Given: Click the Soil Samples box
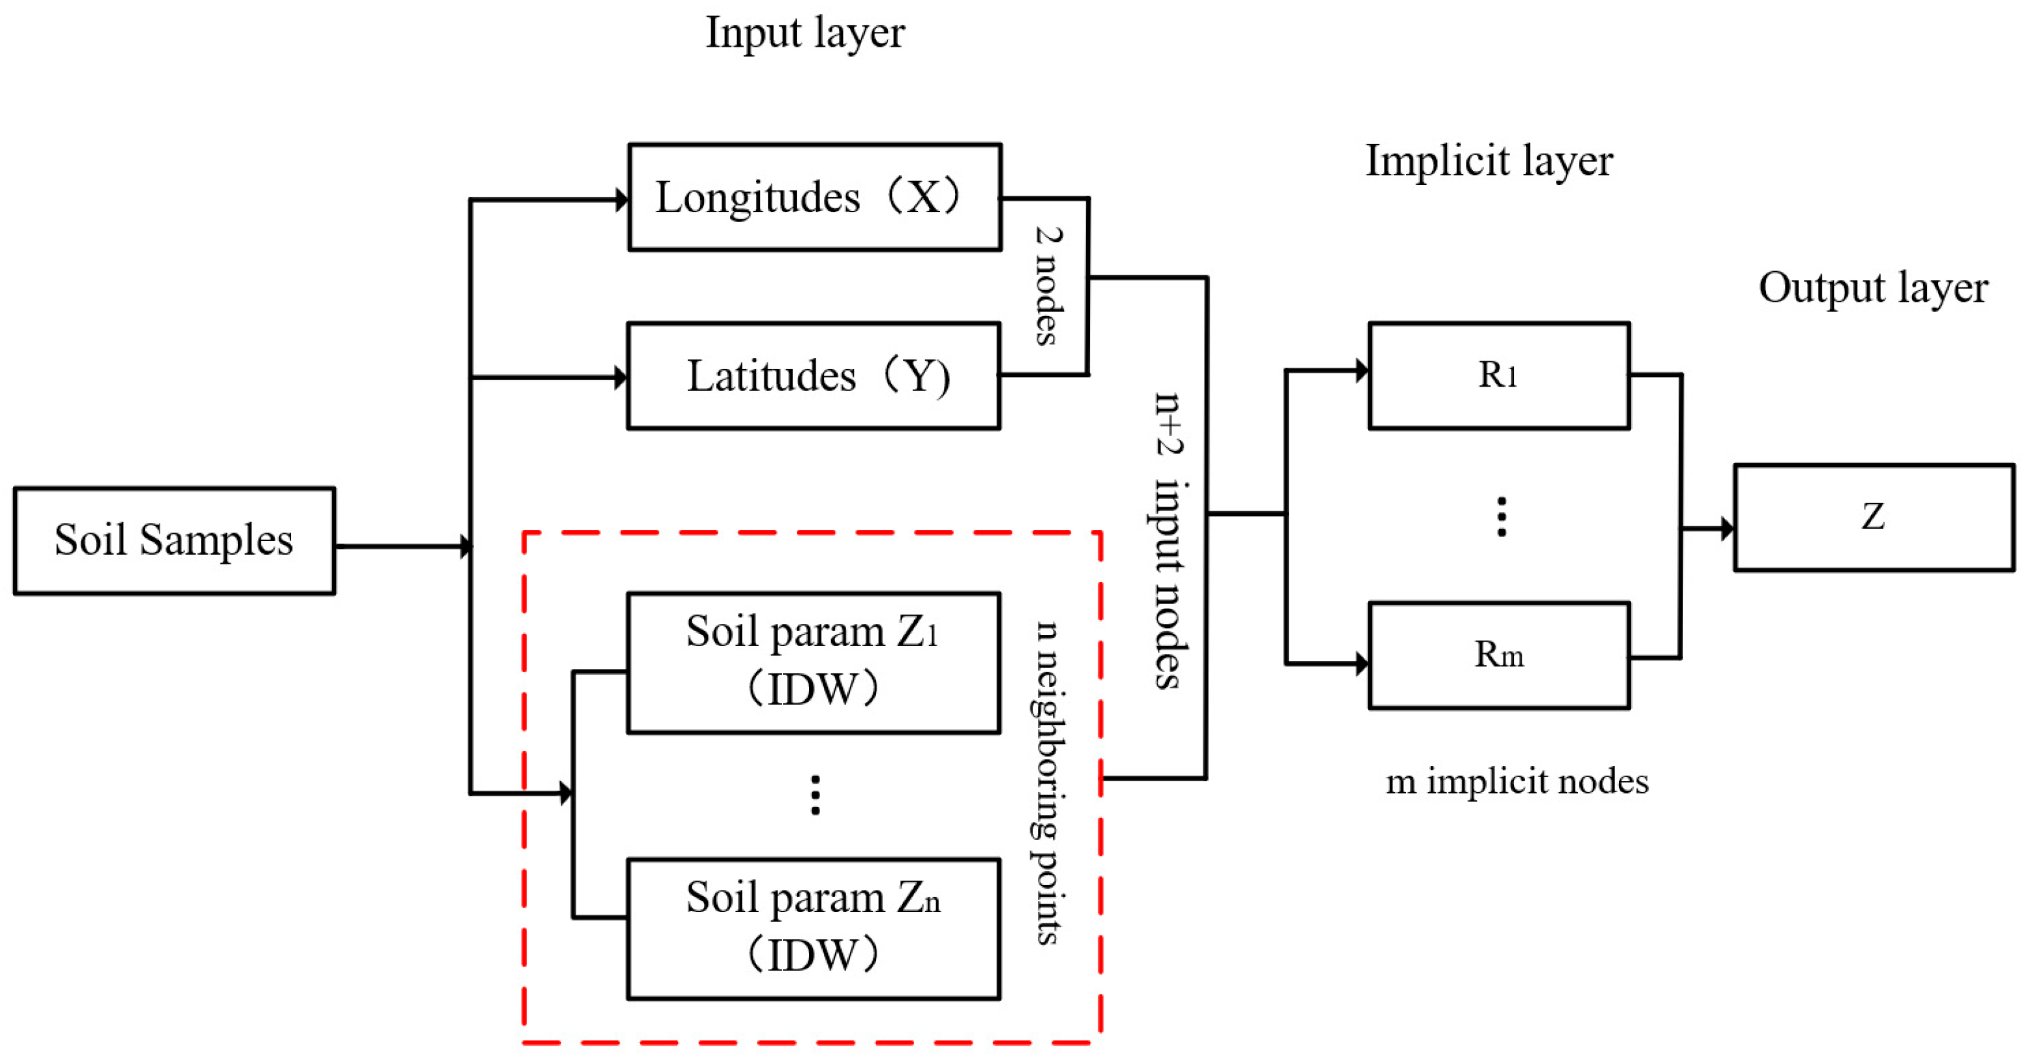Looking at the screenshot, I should [x=174, y=540].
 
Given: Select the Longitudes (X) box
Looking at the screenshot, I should [x=814, y=197].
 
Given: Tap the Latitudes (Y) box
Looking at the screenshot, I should [x=813, y=376].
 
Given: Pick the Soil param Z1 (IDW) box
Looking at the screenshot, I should [x=813, y=662].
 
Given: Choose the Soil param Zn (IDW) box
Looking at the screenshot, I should [x=813, y=928].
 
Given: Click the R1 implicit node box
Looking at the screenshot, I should [x=1498, y=376].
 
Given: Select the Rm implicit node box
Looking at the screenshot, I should [x=1498, y=655].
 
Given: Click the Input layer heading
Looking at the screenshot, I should [x=805, y=33].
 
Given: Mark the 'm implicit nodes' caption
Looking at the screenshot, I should [x=1516, y=782].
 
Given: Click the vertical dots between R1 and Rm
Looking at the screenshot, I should [x=1502, y=517].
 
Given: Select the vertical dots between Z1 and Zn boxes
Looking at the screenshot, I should [x=815, y=795].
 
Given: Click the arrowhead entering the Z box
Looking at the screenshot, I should [x=1727, y=528].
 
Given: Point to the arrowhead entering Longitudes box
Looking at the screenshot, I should [x=621, y=200].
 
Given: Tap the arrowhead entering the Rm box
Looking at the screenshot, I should [x=1361, y=664].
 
